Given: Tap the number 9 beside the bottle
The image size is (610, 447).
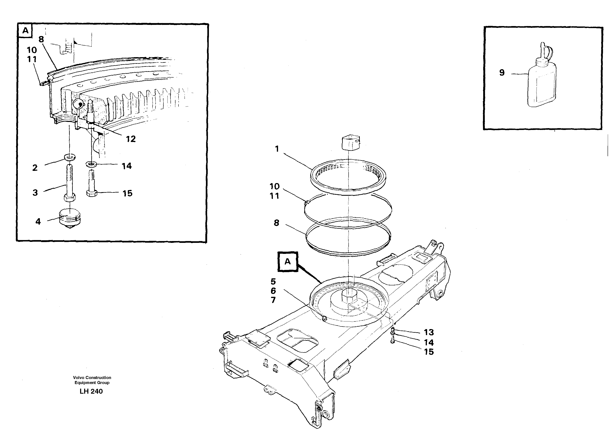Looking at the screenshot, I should pos(502,73).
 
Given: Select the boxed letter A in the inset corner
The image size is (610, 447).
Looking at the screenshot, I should pos(25,30).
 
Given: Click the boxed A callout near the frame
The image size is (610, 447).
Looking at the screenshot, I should pos(287,261).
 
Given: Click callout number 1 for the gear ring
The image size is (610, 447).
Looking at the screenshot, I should pos(277,149).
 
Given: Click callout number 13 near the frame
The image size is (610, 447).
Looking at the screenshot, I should pos(429,332).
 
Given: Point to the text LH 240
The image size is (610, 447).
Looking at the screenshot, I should pos(91,391).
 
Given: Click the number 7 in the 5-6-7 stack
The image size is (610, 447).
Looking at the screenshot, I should pos(273,300).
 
